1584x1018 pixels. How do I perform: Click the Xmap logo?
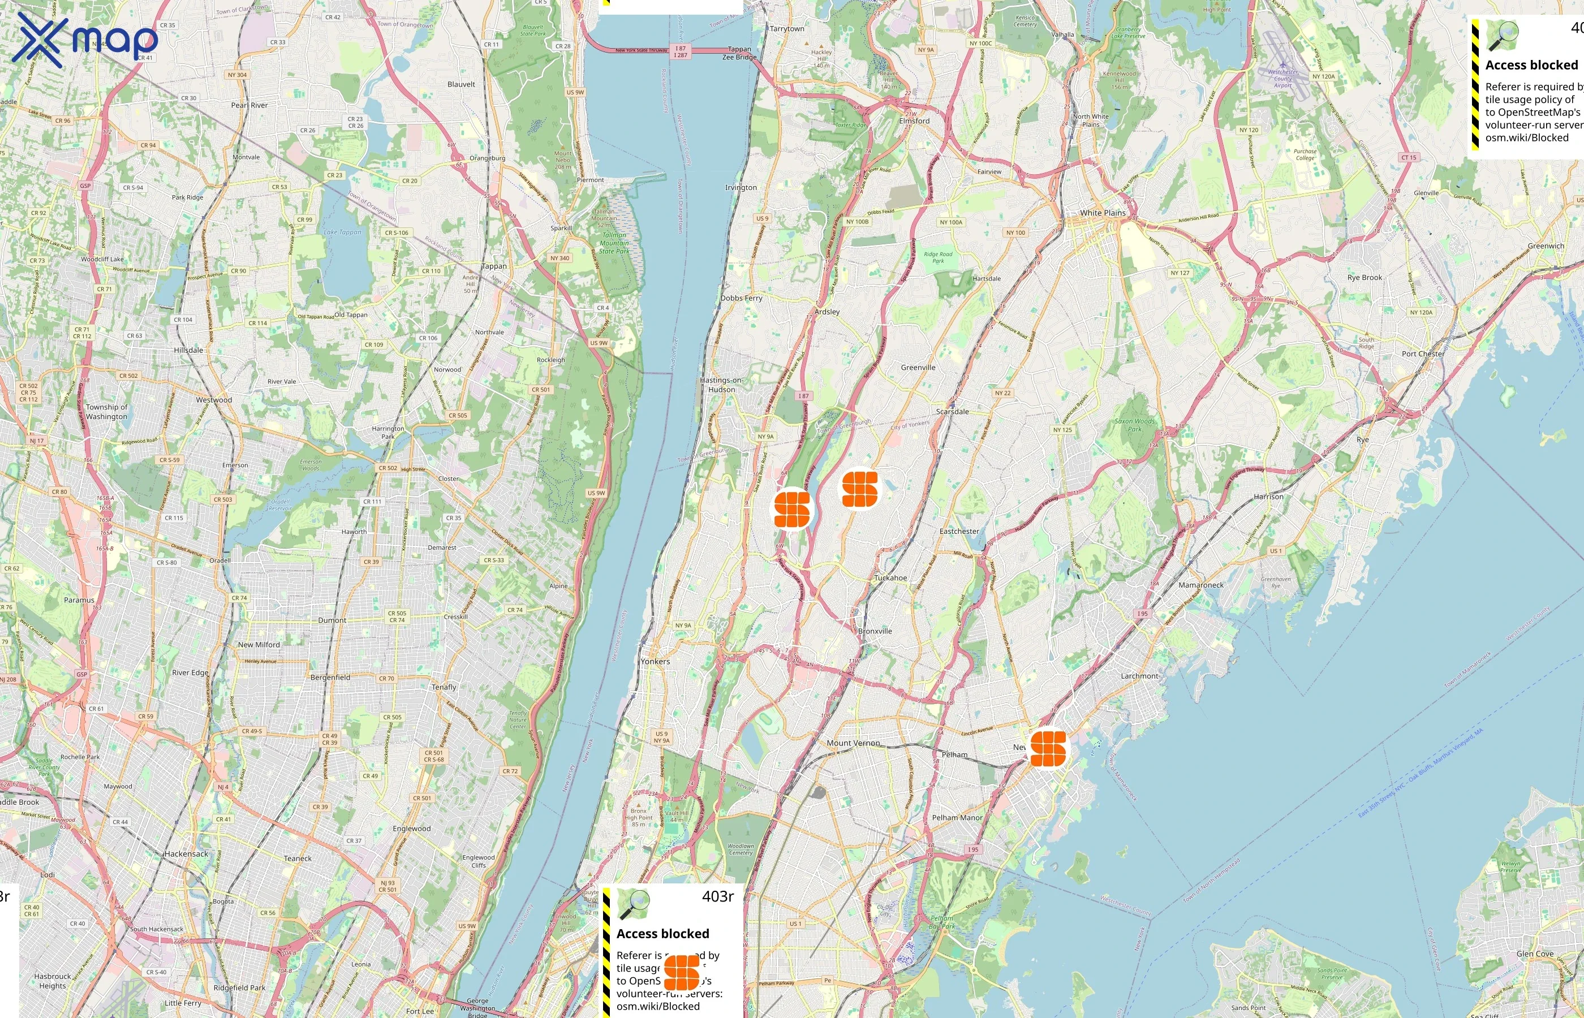tap(85, 40)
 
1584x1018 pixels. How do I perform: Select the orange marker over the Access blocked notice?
tap(681, 972)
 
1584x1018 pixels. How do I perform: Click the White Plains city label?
tap(1103, 213)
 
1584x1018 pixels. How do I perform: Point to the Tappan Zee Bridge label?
tap(739, 53)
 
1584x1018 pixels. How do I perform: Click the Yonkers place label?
tap(655, 661)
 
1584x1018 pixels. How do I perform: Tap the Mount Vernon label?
tap(853, 743)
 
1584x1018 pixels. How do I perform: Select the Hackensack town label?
tap(187, 853)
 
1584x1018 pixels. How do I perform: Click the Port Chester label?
tap(1423, 353)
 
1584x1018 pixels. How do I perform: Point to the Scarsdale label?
tap(952, 411)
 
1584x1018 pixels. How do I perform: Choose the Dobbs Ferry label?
tap(741, 298)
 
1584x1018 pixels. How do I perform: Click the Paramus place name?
tap(79, 600)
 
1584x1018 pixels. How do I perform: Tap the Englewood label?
tap(411, 829)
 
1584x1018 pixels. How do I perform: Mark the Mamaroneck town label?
tap(1200, 585)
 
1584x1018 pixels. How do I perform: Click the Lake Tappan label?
tap(342, 232)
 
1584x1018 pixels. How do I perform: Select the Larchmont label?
tap(1139, 676)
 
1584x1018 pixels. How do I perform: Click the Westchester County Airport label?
tap(1282, 79)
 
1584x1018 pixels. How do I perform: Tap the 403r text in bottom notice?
tap(717, 896)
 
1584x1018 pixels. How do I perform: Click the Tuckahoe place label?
tap(890, 578)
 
